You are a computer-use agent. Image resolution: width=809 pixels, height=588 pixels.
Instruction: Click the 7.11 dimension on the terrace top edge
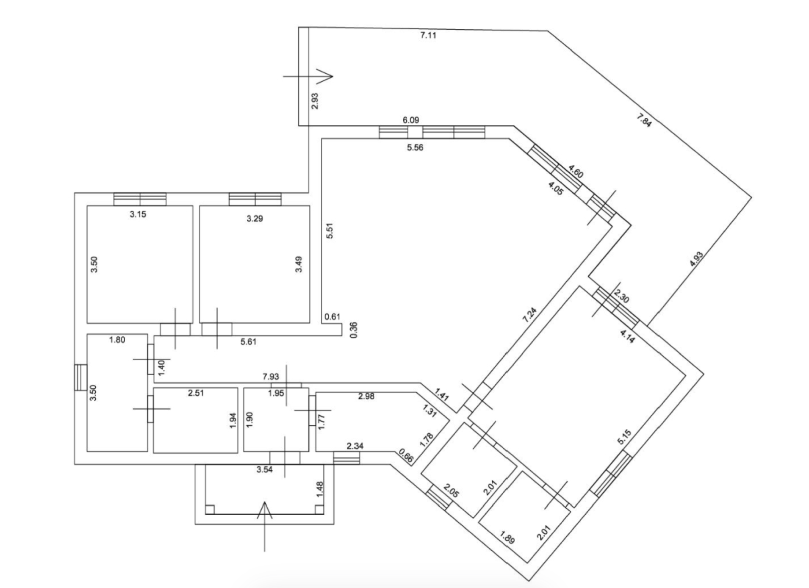[428, 36]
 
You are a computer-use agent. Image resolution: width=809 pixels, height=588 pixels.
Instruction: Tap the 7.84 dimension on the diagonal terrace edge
[644, 121]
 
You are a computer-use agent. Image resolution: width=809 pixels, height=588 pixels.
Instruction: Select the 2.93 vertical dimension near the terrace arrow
[315, 101]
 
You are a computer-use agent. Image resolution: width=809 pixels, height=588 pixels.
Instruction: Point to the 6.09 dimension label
[410, 120]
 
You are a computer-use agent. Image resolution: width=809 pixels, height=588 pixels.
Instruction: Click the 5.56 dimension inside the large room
[415, 148]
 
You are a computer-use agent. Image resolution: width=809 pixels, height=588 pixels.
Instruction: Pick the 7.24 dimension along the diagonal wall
[529, 315]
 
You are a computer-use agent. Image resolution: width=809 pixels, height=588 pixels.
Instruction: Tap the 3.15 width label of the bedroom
[138, 214]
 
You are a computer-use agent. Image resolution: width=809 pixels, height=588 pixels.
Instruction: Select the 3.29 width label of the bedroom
[255, 219]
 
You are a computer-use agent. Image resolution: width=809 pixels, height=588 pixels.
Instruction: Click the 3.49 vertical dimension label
[299, 264]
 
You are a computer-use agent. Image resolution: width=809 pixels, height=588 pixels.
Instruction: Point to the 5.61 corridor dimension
[248, 341]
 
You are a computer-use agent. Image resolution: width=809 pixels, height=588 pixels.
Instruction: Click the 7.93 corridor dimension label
[271, 376]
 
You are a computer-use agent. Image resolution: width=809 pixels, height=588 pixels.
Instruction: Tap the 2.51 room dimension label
[196, 393]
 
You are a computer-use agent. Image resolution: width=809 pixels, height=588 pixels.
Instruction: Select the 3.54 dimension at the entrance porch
[264, 469]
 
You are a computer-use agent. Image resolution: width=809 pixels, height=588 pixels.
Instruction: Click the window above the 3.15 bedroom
[140, 199]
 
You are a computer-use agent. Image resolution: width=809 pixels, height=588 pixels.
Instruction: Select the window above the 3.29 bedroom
[255, 199]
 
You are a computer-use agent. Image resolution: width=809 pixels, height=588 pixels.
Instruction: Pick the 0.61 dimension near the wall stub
[332, 316]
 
